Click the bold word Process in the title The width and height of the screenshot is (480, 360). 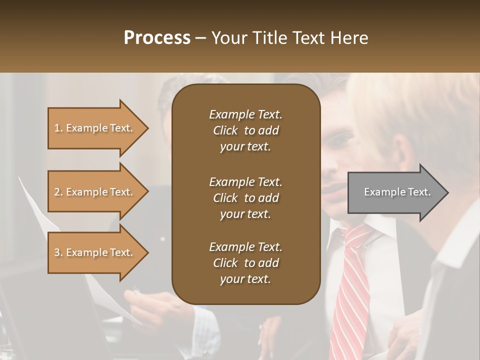[157, 38]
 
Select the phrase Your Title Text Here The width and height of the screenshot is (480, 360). [289, 38]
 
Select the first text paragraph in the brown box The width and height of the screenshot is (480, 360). [245, 130]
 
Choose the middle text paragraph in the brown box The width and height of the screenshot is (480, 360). [245, 198]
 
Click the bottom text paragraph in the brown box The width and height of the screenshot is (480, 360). [245, 263]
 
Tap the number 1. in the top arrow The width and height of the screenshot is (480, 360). [58, 128]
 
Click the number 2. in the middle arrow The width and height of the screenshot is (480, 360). [58, 192]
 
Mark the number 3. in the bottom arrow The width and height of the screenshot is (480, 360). [58, 252]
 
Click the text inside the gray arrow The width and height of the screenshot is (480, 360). [397, 192]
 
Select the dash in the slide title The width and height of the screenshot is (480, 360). [200, 38]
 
